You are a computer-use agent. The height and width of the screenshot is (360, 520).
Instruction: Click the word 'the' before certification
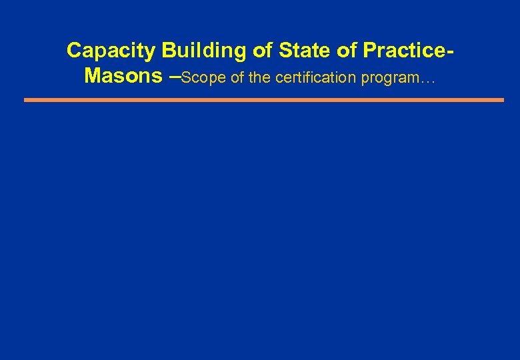point(260,78)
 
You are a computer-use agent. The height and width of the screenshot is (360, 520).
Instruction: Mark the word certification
point(315,78)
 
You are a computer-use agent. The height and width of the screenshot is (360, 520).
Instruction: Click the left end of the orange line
point(25,100)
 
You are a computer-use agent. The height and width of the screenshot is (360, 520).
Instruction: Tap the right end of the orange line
point(503,100)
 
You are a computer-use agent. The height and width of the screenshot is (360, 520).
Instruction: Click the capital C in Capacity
point(74,51)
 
